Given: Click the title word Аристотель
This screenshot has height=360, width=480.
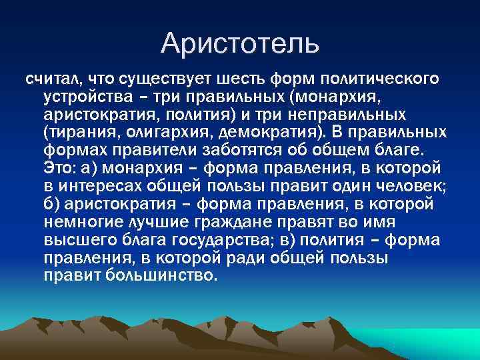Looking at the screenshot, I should (240, 43).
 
